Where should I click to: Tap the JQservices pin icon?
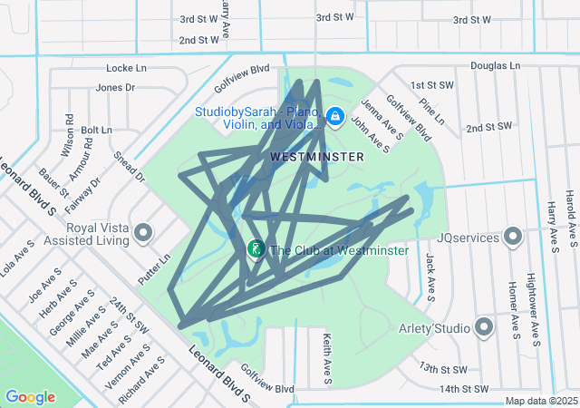pyautogui.click(x=513, y=238)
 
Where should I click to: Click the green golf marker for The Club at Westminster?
pyautogui.click(x=256, y=248)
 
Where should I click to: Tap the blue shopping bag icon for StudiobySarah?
pyautogui.click(x=334, y=117)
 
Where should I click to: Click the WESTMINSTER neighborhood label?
pyautogui.click(x=317, y=157)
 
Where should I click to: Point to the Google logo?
pyautogui.click(x=30, y=397)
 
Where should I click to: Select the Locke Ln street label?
pyautogui.click(x=126, y=68)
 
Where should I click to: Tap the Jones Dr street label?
pyautogui.click(x=115, y=88)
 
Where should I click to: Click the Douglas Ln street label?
pyautogui.click(x=495, y=66)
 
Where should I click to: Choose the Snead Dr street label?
pyautogui.click(x=130, y=166)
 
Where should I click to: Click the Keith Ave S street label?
pyautogui.click(x=326, y=356)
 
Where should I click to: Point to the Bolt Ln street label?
pyautogui.click(x=96, y=131)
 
